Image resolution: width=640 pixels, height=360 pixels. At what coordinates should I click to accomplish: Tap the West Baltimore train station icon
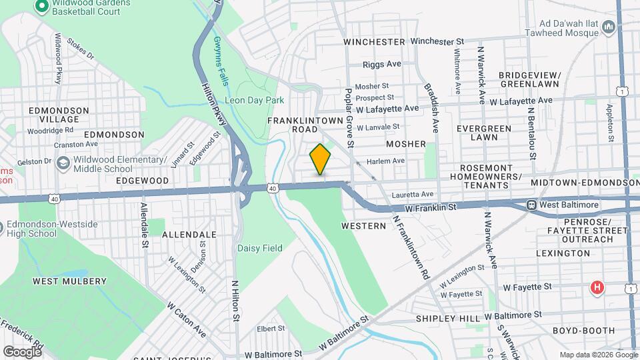pyautogui.click(x=531, y=205)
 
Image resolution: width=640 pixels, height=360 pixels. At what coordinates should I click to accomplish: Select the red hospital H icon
pyautogui.click(x=597, y=287)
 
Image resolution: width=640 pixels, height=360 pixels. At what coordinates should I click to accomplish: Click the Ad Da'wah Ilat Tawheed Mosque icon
pyautogui.click(x=608, y=27)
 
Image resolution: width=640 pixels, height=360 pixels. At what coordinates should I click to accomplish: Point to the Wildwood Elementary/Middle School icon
pyautogui.click(x=63, y=163)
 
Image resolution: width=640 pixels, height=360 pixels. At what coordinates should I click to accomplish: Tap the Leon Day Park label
pyautogui.click(x=255, y=100)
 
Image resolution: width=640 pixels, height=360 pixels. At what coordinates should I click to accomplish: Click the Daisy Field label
pyautogui.click(x=260, y=248)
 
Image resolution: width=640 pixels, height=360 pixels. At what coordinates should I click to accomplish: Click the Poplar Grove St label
pyautogui.click(x=349, y=117)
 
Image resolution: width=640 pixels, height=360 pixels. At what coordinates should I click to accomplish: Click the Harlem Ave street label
pyautogui.click(x=389, y=161)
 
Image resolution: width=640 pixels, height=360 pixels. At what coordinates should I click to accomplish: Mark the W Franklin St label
pyautogui.click(x=430, y=208)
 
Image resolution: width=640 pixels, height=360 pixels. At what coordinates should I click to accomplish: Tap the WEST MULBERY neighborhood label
pyautogui.click(x=70, y=281)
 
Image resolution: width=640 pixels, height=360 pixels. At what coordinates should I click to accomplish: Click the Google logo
pyautogui.click(x=21, y=351)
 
